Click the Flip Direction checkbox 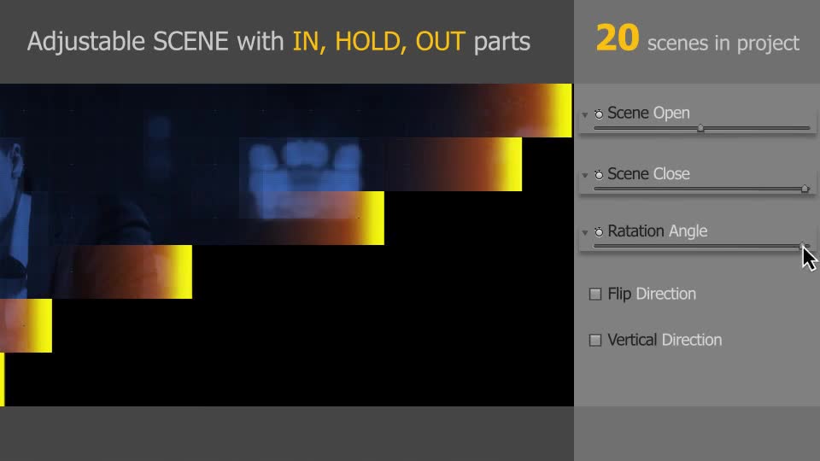pos(595,295)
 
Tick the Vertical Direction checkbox pos(595,341)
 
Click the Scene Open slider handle pos(700,128)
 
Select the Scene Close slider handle pos(805,189)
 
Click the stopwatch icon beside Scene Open pos(599,114)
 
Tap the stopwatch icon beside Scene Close pos(599,174)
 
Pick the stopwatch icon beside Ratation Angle pos(599,231)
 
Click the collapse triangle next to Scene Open pos(584,114)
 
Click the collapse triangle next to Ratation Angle pos(584,232)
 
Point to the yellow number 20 pos(618,38)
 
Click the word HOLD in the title pos(368,42)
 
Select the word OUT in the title pos(440,42)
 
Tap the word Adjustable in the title pos(85,42)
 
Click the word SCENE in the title pos(190,42)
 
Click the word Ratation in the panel pos(635,231)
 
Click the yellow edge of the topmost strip pos(559,110)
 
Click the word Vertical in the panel pos(632,341)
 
